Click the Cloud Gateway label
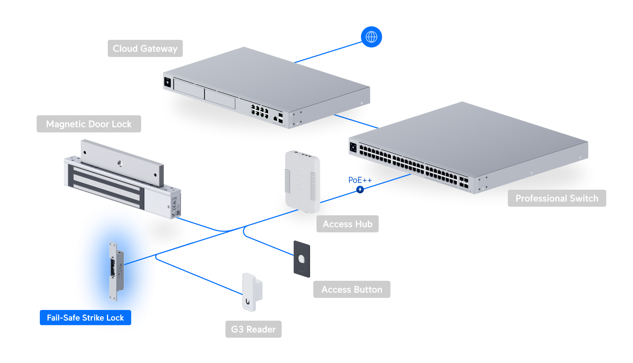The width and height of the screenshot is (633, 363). click(x=145, y=48)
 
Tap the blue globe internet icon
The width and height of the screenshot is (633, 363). click(x=371, y=37)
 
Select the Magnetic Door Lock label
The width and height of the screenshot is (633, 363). click(x=89, y=124)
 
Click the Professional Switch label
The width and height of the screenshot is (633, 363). click(x=557, y=198)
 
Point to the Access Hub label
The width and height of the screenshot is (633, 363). click(x=347, y=224)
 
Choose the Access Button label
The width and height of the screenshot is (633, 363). click(x=352, y=289)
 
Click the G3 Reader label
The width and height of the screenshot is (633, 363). click(x=253, y=329)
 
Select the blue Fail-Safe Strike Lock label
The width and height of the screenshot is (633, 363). click(x=85, y=317)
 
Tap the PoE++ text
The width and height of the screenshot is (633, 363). click(x=360, y=180)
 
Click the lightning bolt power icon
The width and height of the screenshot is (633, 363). click(x=360, y=189)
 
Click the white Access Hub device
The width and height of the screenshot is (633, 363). click(x=302, y=181)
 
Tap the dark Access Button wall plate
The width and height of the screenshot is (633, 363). click(x=302, y=259)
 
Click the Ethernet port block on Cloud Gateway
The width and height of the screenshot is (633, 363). click(x=259, y=111)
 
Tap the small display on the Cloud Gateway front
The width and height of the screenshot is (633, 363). click(x=167, y=82)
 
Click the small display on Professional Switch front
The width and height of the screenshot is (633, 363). click(x=353, y=147)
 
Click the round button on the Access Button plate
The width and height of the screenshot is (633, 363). click(x=302, y=259)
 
